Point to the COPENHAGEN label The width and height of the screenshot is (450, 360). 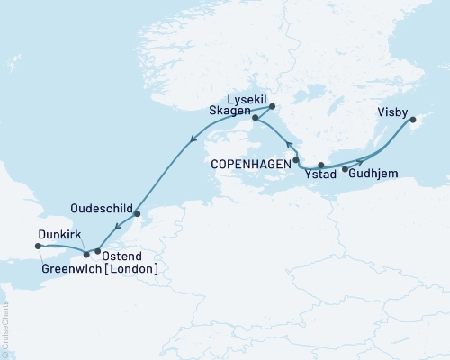click(x=251, y=165)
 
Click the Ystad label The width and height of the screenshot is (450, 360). click(x=320, y=175)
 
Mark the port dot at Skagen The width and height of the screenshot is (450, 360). click(x=256, y=118)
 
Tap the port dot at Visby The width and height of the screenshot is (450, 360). click(x=412, y=120)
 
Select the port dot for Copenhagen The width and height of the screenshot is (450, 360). click(x=296, y=159)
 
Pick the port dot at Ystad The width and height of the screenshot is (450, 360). click(x=321, y=166)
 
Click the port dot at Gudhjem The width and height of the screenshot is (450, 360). click(x=346, y=168)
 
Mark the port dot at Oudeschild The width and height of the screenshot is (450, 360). click(x=137, y=214)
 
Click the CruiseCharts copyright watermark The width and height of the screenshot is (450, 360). click(x=5, y=323)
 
